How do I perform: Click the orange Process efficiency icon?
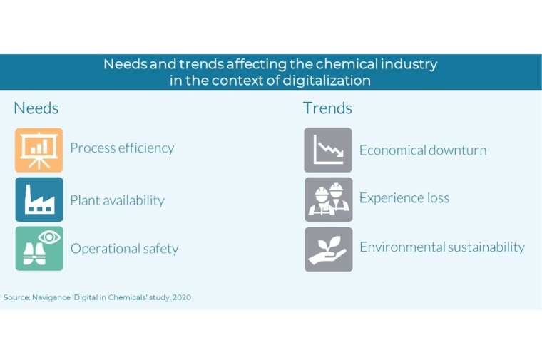(39, 150)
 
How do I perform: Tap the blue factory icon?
(39, 200)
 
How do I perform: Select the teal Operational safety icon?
(39, 248)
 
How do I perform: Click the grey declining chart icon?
(328, 150)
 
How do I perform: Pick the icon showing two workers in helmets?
(328, 199)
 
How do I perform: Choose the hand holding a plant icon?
(328, 249)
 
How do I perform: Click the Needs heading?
(36, 108)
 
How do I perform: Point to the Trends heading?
(327, 108)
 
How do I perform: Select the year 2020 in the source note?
(181, 297)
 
